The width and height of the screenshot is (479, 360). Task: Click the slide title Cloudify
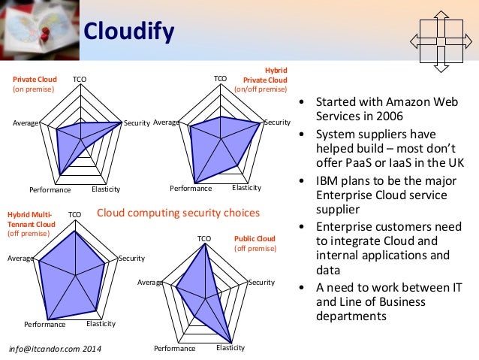click(128, 31)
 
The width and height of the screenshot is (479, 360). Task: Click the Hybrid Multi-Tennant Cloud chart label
click(31, 224)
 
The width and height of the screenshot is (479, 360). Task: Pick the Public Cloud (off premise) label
click(255, 244)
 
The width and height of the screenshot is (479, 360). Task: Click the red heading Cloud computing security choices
click(179, 213)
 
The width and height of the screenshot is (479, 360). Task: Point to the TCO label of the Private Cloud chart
click(79, 79)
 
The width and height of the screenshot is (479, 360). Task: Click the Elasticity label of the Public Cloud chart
click(230, 348)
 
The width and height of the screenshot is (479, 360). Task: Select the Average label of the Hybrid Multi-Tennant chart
click(19, 258)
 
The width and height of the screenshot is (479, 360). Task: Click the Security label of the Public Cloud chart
click(262, 283)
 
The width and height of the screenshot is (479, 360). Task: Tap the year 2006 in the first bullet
click(387, 116)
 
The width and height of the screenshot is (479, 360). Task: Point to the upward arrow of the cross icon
click(441, 15)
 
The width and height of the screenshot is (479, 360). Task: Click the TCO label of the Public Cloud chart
click(204, 239)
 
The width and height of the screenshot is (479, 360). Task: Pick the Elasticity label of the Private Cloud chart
click(106, 189)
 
